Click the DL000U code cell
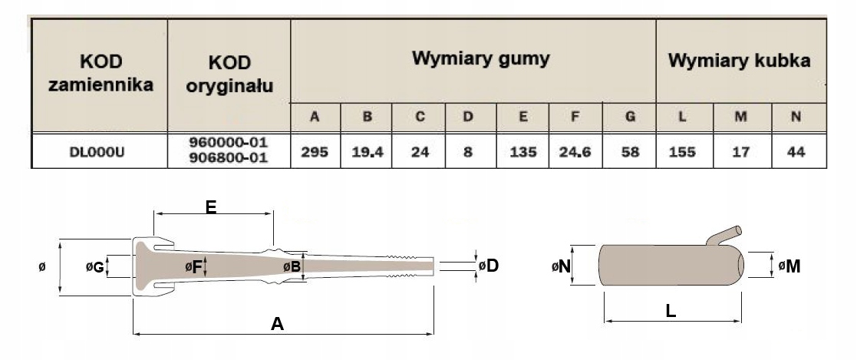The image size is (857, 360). coord(98,151)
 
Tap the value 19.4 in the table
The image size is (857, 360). coord(367,151)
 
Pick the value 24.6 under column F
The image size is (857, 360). coord(575,151)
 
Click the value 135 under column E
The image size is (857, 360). coord(522,151)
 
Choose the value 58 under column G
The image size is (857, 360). coord(630,151)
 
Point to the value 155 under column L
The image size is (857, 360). coord(682,151)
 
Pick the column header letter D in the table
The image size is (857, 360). coord(468,117)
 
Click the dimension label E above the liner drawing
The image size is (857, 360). coord(212,206)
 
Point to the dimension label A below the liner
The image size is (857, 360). coord(278,324)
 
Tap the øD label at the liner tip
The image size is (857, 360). coord(489,266)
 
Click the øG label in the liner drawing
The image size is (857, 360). coord(96,267)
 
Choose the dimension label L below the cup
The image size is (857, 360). coord(671,312)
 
